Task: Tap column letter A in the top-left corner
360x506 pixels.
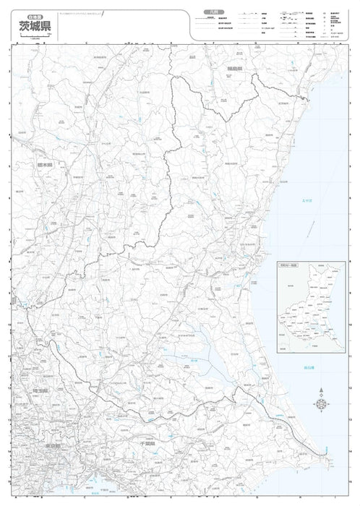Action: tap(15, 43)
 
